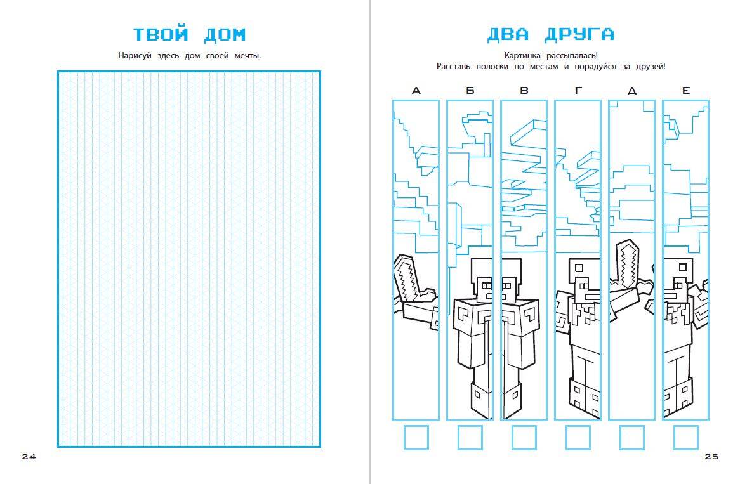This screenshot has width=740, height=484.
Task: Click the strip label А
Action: (x=416, y=91)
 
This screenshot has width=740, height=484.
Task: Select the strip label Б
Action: (x=470, y=91)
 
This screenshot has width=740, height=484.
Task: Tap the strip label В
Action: (x=524, y=91)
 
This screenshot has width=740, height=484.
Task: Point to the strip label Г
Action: (x=578, y=91)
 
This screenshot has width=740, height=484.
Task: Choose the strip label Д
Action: (x=631, y=91)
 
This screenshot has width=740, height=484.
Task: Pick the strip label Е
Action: (x=685, y=91)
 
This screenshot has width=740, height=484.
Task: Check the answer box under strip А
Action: (x=416, y=438)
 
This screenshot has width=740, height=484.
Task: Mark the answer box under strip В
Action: (x=524, y=438)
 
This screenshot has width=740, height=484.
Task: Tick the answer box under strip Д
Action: (x=631, y=438)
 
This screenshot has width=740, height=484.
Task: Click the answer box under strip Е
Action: (x=685, y=438)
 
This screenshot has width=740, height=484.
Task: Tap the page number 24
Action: (x=29, y=457)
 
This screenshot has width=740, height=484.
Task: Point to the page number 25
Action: (x=711, y=457)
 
